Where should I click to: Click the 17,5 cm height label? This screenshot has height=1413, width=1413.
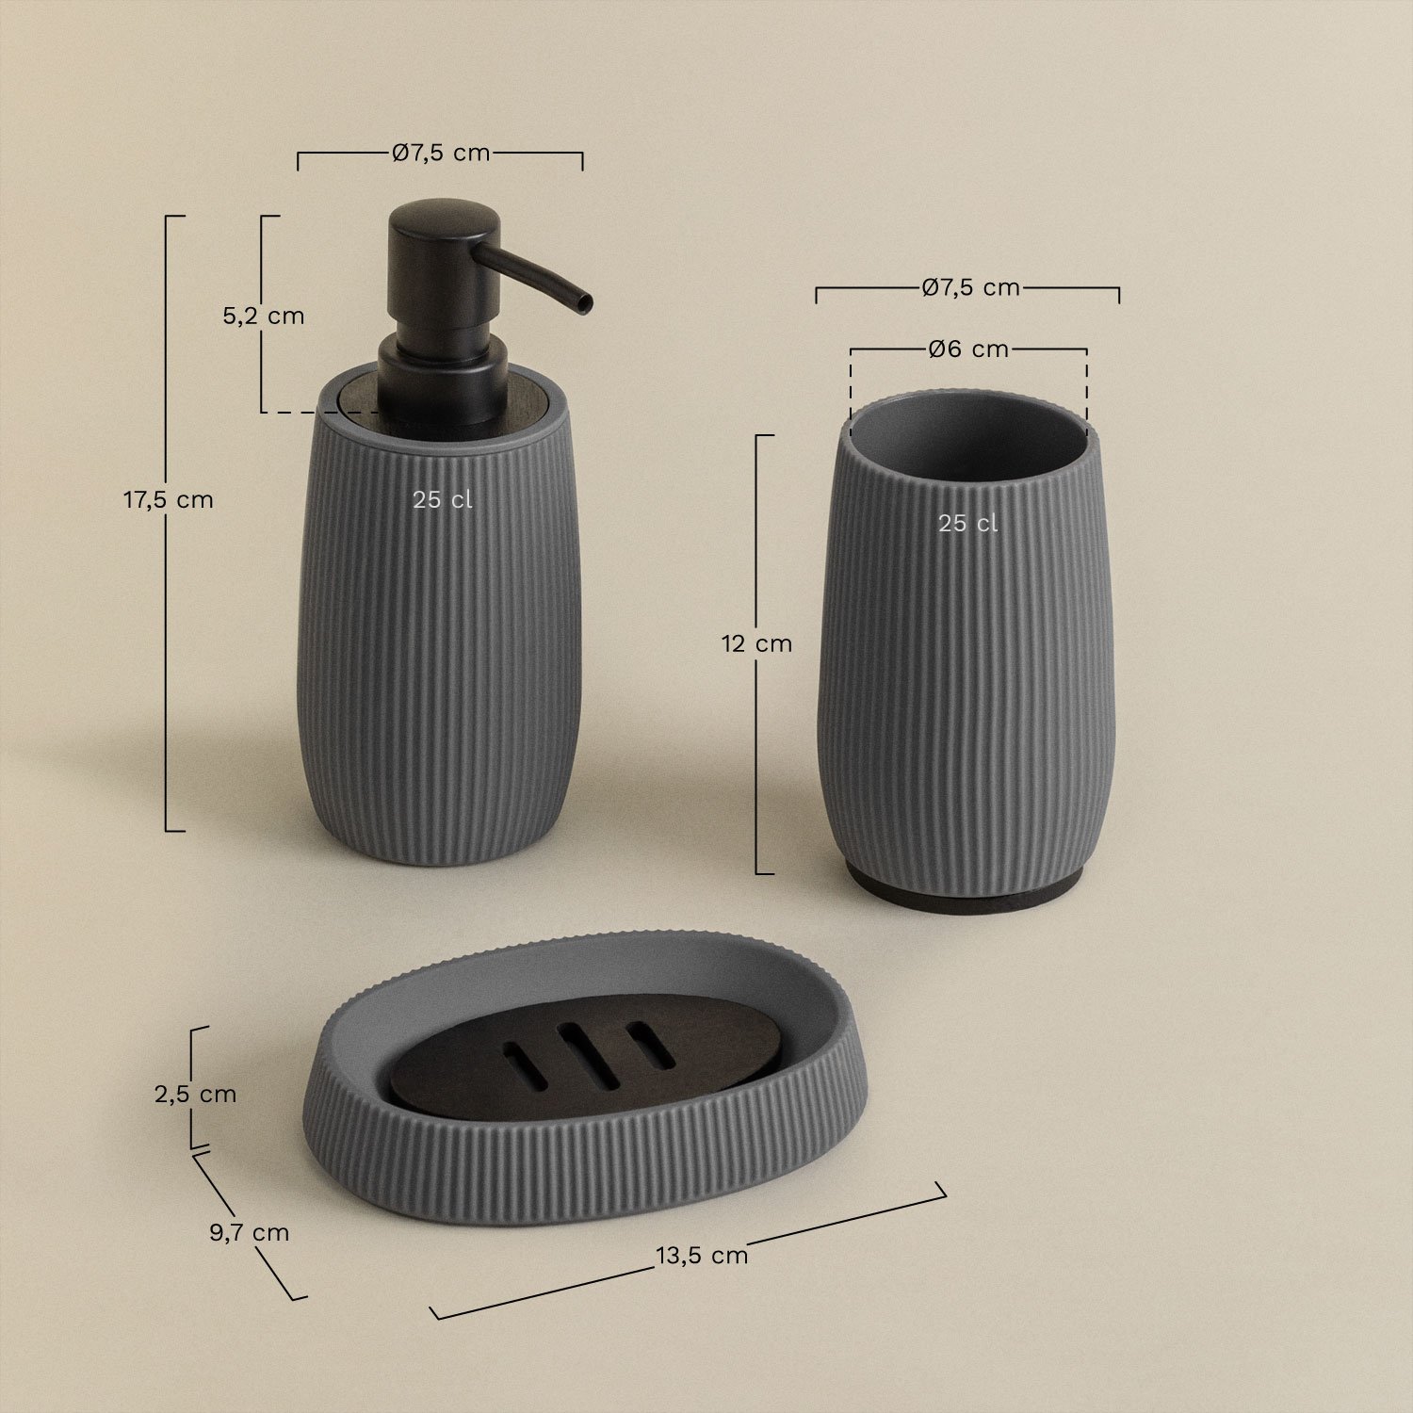169,500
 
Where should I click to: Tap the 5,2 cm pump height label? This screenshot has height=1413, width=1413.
264,316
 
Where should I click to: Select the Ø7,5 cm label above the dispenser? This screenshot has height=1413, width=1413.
441,153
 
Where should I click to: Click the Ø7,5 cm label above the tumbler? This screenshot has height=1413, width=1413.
970,287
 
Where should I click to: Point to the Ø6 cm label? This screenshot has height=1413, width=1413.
968,349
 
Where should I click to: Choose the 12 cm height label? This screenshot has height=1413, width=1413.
756,644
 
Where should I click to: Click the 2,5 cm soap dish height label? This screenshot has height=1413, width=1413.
195,1094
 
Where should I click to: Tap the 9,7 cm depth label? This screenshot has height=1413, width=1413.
249,1232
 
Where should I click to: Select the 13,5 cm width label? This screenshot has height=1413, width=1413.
702,1255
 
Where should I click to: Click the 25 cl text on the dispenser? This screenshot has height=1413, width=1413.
442,500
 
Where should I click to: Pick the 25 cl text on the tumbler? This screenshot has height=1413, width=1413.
967,524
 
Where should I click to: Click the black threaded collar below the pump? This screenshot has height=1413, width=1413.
442,386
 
